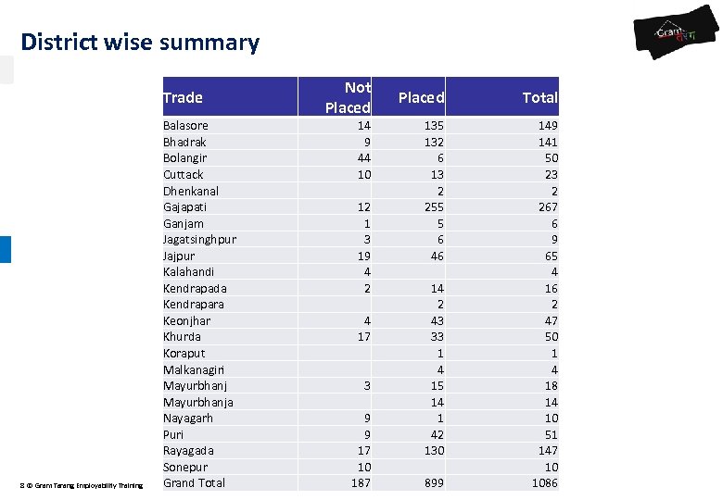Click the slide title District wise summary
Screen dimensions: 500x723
click(x=140, y=43)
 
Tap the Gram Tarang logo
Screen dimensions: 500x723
click(x=676, y=38)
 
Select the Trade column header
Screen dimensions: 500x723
click(x=183, y=97)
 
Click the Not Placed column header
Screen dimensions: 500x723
click(x=348, y=97)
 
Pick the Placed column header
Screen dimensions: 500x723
click(x=421, y=97)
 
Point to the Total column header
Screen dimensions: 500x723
click(x=539, y=97)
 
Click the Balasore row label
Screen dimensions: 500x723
click(x=185, y=126)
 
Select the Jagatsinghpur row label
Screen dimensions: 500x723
click(x=199, y=240)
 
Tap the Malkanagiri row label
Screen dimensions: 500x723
click(x=195, y=369)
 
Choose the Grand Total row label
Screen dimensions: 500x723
click(x=194, y=482)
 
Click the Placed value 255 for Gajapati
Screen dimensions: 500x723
click(x=432, y=207)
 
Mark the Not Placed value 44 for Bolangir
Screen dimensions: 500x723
click(x=363, y=158)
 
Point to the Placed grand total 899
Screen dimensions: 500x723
click(x=432, y=482)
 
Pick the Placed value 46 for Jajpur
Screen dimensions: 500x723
click(x=436, y=256)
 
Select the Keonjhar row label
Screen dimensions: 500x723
click(x=186, y=320)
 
